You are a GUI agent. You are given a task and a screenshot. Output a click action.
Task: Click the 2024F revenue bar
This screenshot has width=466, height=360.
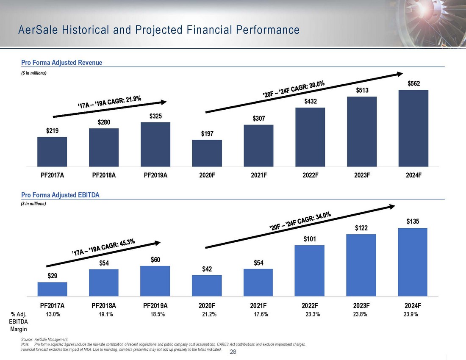413,128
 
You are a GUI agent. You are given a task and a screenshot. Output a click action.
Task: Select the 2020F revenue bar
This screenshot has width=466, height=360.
207,153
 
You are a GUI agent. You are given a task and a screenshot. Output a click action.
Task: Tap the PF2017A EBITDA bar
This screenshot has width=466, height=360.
52,289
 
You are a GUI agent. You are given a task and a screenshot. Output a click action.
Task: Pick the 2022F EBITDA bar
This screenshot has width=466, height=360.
310,270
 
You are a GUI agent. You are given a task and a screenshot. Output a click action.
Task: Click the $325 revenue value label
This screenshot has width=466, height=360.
155,116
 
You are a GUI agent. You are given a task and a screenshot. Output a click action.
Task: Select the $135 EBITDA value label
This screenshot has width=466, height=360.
413,222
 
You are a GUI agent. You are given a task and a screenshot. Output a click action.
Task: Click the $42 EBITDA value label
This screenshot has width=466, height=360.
207,269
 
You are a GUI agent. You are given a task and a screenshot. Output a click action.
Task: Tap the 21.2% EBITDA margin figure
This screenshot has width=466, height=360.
208,314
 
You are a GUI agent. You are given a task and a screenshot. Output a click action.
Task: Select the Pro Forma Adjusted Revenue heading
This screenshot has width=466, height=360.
61,63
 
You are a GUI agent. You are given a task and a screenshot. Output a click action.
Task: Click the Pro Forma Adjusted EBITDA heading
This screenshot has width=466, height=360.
60,195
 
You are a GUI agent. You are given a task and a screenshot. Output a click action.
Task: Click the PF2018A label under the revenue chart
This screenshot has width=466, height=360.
104,173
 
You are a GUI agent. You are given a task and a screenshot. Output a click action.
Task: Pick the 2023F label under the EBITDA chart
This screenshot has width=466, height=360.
361,305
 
